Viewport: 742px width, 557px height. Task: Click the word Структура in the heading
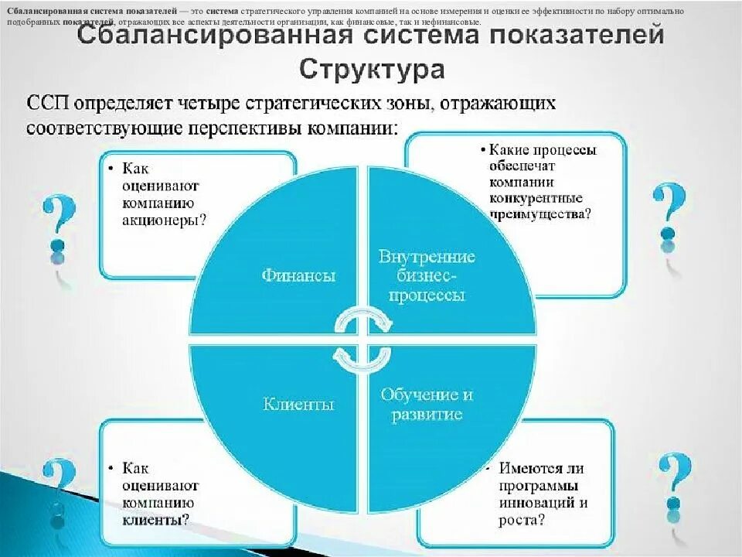point(372,69)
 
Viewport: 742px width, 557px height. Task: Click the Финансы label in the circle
point(298,275)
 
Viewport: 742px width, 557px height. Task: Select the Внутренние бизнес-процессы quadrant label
point(427,275)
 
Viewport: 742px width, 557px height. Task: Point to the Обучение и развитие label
point(426,404)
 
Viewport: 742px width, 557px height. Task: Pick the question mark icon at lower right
point(674,480)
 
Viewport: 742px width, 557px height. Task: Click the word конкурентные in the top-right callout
point(534,198)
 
